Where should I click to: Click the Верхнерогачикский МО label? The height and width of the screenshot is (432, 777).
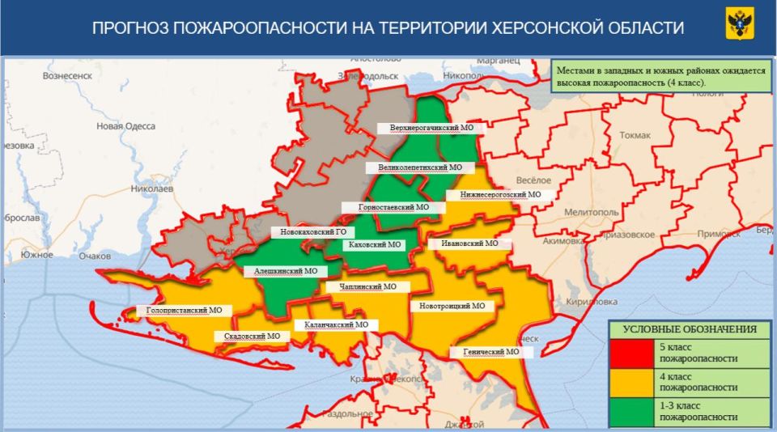click(x=431, y=128)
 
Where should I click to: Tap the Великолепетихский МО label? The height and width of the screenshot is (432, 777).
click(x=419, y=167)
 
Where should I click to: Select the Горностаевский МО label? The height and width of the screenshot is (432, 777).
click(x=393, y=207)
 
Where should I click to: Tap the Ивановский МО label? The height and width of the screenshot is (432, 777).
click(x=469, y=244)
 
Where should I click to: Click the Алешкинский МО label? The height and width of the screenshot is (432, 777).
click(x=286, y=272)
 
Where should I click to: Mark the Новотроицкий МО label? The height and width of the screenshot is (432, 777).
click(x=452, y=307)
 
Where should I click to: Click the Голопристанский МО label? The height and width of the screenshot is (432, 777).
click(x=185, y=310)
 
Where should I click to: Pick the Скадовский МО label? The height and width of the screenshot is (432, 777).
click(x=252, y=336)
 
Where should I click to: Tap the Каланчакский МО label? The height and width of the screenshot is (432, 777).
click(x=336, y=324)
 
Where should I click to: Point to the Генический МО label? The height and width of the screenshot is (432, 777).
click(x=491, y=352)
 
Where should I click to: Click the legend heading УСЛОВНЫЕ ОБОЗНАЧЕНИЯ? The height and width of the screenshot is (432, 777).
click(x=690, y=329)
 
